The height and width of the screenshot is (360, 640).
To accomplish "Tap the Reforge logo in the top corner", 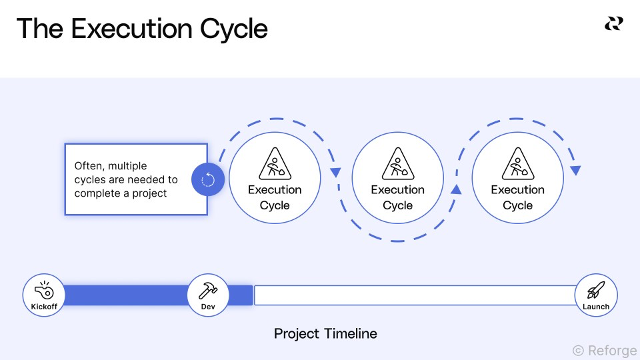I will [x=613, y=24].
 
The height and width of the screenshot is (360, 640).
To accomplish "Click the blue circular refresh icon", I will [x=207, y=179].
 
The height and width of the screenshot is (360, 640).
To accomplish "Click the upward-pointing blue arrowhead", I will [x=456, y=190].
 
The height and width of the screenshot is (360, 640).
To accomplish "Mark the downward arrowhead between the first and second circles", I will [x=335, y=173].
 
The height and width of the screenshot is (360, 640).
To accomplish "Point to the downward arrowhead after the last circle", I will [x=575, y=171].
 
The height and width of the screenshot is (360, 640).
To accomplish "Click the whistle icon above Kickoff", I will [x=44, y=290].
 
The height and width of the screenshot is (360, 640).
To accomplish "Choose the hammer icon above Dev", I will [x=208, y=290].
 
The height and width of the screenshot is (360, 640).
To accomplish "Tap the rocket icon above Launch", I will [x=595, y=290].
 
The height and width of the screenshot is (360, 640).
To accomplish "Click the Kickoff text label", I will [x=44, y=307].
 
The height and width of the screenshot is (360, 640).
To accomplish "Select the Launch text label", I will [x=596, y=307].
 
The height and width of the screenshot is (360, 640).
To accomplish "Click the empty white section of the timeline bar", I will [x=413, y=295].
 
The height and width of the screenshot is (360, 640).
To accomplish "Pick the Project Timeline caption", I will [x=325, y=333].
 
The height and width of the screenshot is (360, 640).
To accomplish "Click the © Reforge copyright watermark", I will [x=605, y=350].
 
